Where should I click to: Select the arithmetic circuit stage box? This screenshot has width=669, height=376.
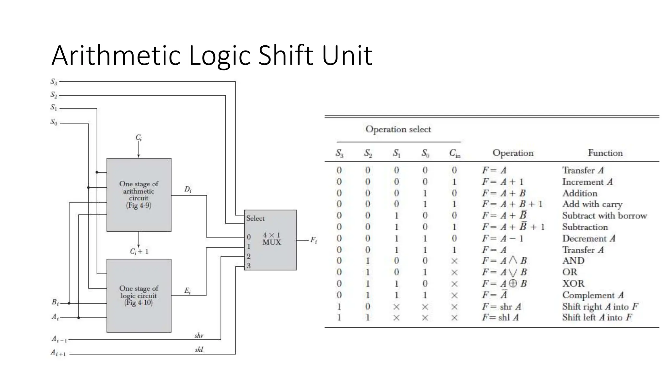[139, 195]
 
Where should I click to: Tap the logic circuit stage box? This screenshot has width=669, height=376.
[139, 295]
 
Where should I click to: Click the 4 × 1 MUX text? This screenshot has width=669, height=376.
[271, 239]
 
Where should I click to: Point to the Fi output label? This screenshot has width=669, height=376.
[313, 240]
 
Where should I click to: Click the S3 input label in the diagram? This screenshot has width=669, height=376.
[54, 82]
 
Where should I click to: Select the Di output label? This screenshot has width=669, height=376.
[188, 189]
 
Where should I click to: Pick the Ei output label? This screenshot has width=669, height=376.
[188, 290]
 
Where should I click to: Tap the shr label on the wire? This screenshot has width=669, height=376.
[199, 335]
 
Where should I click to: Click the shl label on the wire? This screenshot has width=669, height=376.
[199, 350]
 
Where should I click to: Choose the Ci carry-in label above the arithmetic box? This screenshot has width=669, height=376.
[139, 138]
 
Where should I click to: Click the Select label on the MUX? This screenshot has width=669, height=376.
[255, 218]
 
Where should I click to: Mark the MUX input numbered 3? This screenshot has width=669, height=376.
[249, 266]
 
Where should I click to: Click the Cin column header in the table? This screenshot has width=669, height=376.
[454, 153]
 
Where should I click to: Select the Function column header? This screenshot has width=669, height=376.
[605, 153]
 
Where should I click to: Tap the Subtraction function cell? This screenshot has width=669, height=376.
[585, 227]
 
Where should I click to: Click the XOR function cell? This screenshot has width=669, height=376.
[573, 283]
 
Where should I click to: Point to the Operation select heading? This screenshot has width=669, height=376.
[398, 129]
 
